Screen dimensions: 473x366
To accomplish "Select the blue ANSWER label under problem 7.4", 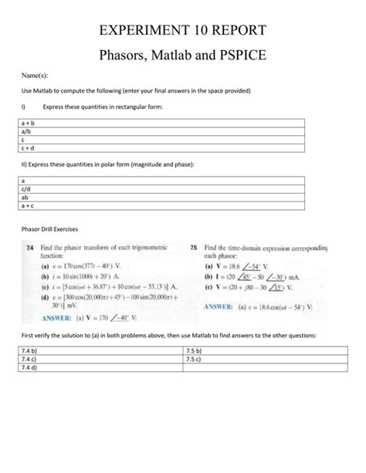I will click(46, 316).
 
